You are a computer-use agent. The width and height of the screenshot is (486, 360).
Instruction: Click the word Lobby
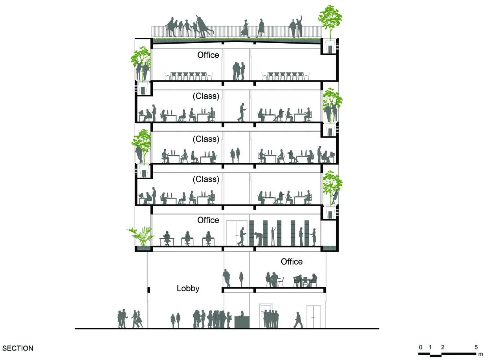tap(188, 288)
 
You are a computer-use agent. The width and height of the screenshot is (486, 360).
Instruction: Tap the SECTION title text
tap(18, 348)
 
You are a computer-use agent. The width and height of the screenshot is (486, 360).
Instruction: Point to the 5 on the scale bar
tap(476, 347)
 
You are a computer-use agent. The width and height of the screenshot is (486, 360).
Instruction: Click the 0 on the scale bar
tap(420, 347)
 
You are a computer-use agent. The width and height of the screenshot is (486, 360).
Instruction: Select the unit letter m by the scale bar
tap(480, 354)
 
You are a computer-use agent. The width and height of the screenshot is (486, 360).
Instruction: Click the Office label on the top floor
tap(208, 55)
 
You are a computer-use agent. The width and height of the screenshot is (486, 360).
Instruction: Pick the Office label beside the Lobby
tap(292, 262)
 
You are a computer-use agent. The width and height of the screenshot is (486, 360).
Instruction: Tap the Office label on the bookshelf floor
tap(208, 220)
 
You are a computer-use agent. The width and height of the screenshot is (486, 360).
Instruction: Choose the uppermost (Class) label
tap(206, 96)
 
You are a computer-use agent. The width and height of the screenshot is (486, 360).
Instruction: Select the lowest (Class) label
tap(206, 179)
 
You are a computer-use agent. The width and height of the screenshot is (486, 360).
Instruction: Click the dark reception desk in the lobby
tap(242, 322)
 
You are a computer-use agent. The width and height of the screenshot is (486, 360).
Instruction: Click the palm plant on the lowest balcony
tap(142, 236)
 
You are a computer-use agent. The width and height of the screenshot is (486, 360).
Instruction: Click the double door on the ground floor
tap(314, 317)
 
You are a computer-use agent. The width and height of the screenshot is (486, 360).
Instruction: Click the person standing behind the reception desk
tap(242, 314)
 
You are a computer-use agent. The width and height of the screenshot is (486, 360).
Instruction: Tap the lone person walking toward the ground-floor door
tap(298, 320)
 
